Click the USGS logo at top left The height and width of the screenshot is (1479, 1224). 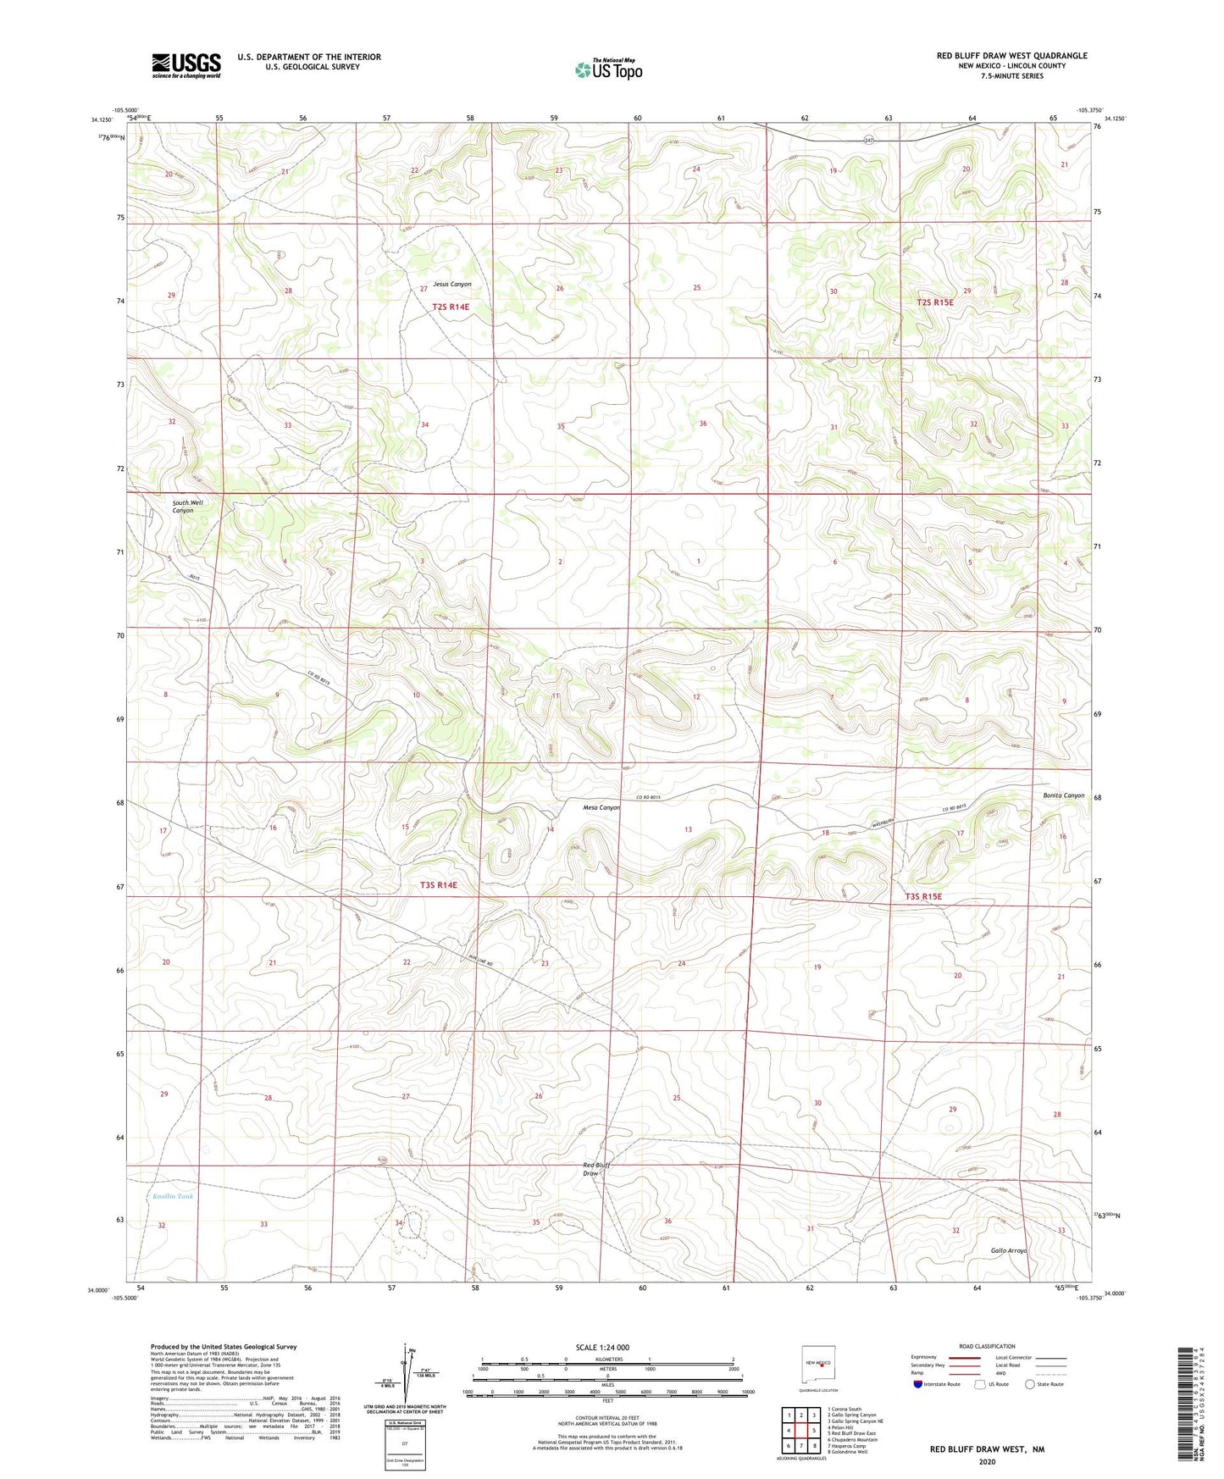coord(186,65)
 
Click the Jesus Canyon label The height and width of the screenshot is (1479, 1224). coord(451,285)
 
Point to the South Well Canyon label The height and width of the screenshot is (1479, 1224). coord(187,507)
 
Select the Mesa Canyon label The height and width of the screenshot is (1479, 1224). coord(601,807)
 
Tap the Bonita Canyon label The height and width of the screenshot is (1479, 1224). coord(1063,795)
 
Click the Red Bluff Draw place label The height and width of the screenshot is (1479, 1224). coord(597,1169)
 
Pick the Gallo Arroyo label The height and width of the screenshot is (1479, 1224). coord(1008,1250)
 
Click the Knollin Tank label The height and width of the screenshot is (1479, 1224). coord(174,1197)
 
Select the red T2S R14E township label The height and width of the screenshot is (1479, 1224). coord(450,307)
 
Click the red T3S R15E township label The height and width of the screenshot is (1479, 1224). coord(922,896)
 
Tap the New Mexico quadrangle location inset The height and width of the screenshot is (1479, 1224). coord(820,1365)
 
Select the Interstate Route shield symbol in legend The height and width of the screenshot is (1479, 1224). coord(917,1385)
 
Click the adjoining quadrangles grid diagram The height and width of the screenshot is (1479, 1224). coord(800,1432)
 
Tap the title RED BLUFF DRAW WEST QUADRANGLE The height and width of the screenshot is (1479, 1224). coord(1011,56)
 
